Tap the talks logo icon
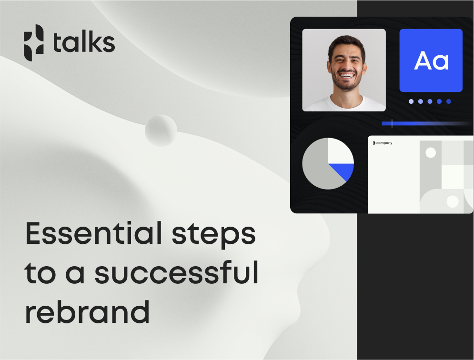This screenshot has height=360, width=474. (33, 43)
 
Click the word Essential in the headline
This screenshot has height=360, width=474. (94, 233)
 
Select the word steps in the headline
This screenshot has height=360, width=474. (214, 235)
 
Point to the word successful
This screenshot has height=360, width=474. (177, 273)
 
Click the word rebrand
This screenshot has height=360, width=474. (87, 312)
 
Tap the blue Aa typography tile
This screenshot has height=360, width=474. (431, 60)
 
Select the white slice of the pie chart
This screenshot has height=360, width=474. (341, 151)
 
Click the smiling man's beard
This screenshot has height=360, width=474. (346, 82)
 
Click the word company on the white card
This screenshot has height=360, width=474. (384, 143)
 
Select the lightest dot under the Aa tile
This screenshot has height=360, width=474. (411, 101)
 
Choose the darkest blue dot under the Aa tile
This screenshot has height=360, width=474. (449, 101)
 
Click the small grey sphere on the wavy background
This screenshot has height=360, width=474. (161, 130)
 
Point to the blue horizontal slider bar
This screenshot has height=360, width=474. (427, 123)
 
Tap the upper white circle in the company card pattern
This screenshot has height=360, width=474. (431, 153)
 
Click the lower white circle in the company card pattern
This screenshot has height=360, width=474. (453, 201)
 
